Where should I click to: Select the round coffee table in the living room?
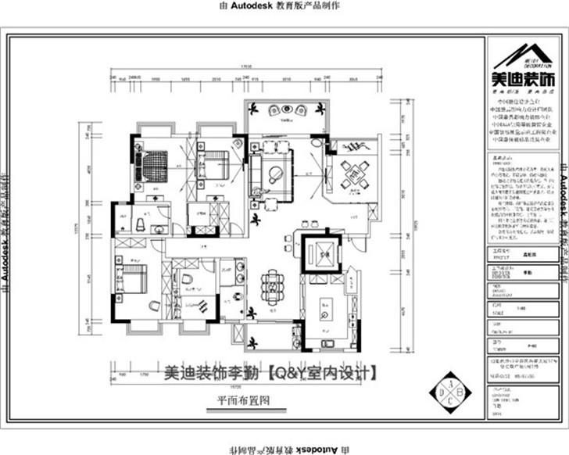tap(275, 174)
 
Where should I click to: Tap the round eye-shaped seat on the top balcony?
tap(275, 110)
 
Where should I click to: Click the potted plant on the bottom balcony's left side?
tap(255, 342)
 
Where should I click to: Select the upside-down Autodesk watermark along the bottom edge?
tap(285, 449)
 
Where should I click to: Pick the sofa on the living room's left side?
tap(256, 173)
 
